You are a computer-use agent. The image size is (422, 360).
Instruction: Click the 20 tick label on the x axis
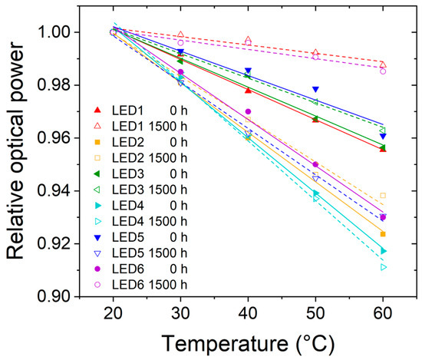tap(114, 313)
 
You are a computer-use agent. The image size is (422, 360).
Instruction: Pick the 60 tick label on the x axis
tap(383, 313)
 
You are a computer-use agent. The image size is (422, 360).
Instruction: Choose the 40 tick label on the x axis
tap(248, 313)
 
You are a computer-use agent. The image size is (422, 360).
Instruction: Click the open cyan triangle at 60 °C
tap(383, 267)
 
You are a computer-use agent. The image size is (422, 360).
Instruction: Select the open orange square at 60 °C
tap(383, 195)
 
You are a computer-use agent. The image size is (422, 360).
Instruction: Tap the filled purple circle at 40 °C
tap(248, 111)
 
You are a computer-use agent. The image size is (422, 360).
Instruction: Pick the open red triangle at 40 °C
tap(248, 39)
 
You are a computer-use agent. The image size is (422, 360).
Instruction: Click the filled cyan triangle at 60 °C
tap(383, 251)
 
